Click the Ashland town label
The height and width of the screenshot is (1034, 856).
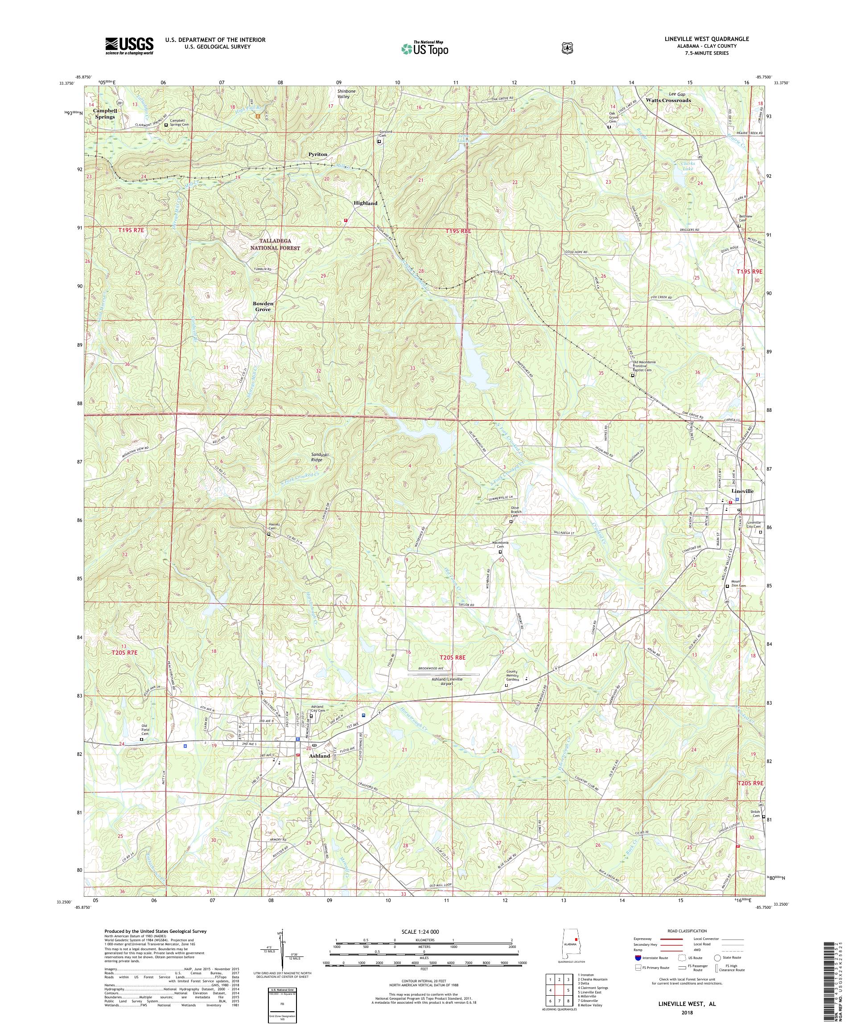(319, 769)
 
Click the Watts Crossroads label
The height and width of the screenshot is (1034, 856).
(668, 100)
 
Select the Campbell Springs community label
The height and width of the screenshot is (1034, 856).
(104, 114)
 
